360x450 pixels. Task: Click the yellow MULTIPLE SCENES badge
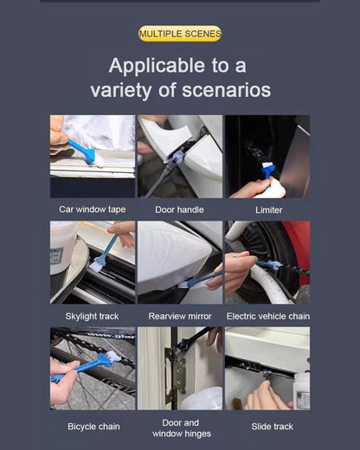click(180, 34)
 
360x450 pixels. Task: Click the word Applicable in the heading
click(157, 67)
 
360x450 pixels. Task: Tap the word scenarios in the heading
click(227, 90)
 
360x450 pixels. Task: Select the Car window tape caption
click(93, 209)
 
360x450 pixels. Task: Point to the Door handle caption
click(179, 209)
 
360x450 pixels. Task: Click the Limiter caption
click(268, 210)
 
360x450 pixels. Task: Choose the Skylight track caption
click(92, 317)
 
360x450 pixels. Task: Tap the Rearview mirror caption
click(180, 317)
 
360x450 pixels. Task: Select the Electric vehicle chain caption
click(268, 317)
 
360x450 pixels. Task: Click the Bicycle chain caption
click(93, 427)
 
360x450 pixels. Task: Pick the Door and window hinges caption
click(182, 428)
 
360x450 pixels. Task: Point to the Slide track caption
click(272, 427)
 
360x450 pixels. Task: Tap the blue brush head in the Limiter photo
click(268, 168)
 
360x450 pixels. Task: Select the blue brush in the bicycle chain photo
click(87, 366)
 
